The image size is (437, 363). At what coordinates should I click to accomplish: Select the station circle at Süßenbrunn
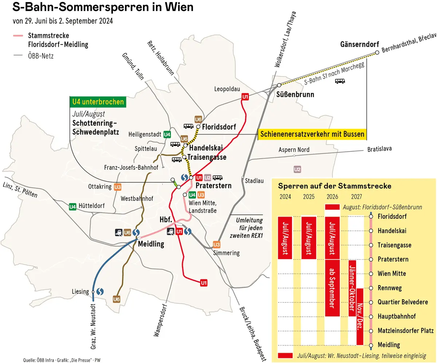pyautogui.click(x=279, y=85)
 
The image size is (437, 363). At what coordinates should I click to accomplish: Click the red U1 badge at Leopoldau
pyautogui.click(x=245, y=96)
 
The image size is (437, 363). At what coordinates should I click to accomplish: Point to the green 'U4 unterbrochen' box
pyautogui.click(x=98, y=102)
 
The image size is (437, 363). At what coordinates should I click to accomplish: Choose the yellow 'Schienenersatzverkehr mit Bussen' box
pyautogui.click(x=312, y=134)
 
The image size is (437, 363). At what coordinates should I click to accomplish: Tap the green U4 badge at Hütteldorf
pyautogui.click(x=72, y=206)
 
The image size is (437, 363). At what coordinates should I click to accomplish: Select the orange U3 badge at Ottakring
pyautogui.click(x=117, y=187)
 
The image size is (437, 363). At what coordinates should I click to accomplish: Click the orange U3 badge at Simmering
pyautogui.click(x=216, y=244)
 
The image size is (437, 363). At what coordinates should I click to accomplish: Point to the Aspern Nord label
pyautogui.click(x=294, y=150)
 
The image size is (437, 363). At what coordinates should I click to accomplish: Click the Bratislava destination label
pyautogui.click(x=379, y=149)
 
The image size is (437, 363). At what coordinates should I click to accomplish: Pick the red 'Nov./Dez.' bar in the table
pyautogui.click(x=360, y=316)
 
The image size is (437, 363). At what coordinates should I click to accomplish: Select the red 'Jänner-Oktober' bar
pyautogui.click(x=352, y=288)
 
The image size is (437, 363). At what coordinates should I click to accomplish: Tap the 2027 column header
pyautogui.click(x=356, y=197)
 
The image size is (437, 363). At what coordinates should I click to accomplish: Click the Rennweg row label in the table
pyautogui.click(x=390, y=288)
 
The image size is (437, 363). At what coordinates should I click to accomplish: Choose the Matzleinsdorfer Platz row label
pyautogui.click(x=405, y=331)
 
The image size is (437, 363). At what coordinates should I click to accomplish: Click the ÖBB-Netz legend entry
pyautogui.click(x=40, y=56)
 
